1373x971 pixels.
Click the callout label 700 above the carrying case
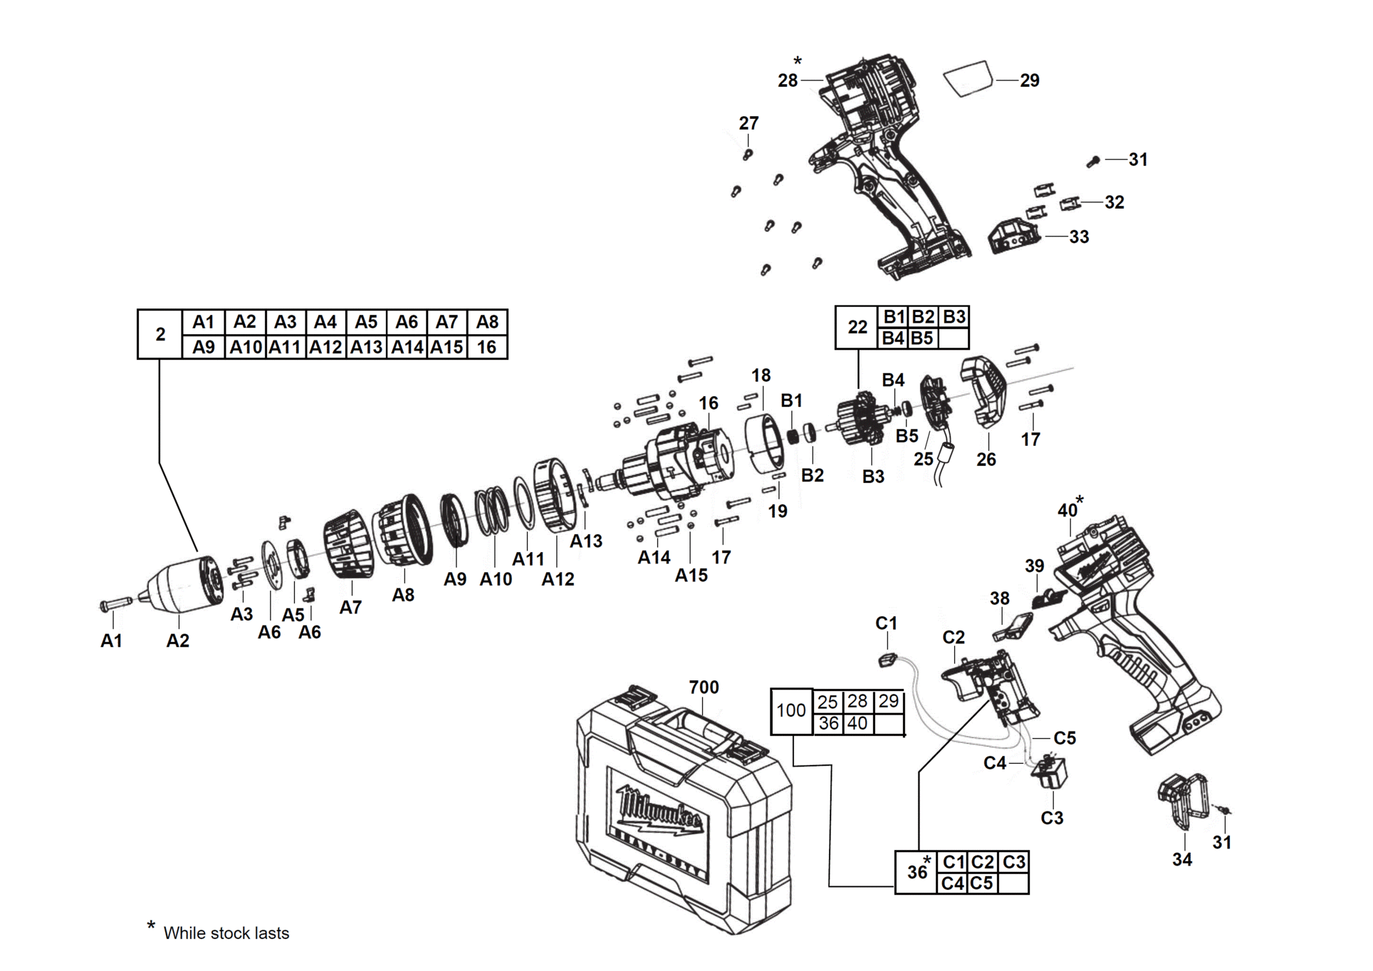tap(704, 687)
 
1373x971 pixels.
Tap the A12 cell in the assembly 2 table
tap(325, 347)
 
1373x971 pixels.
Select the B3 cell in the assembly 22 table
tap(954, 317)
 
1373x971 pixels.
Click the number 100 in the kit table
tap(790, 710)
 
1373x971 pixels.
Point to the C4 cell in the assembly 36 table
tap(952, 883)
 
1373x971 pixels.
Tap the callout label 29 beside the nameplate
tap(1030, 81)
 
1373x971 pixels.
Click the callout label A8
tap(403, 595)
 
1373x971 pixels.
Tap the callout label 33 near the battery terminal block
tap(1079, 237)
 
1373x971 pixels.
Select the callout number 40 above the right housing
tap(1067, 510)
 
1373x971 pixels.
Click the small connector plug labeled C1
tap(887, 660)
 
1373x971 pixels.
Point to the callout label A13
tap(586, 541)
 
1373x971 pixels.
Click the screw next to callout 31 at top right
tap(1093, 162)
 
